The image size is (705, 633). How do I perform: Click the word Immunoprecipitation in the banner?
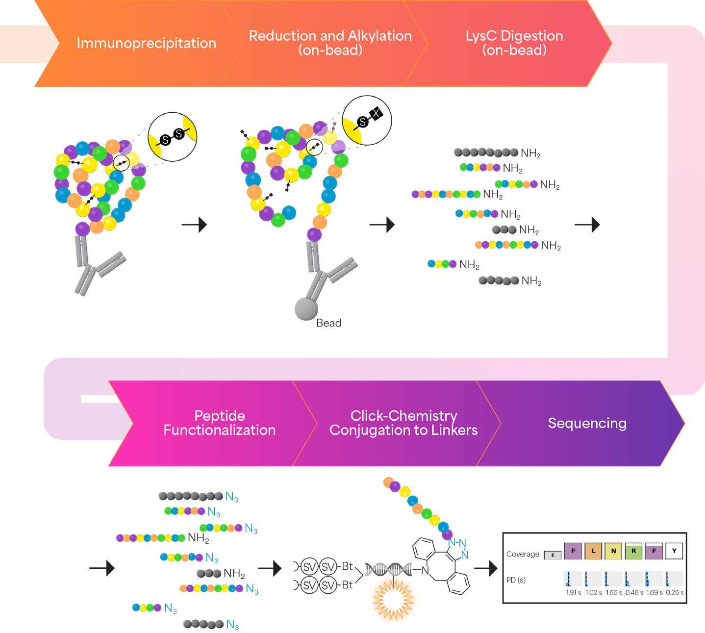coord(146,43)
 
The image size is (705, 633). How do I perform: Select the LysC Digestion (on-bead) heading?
coord(514,43)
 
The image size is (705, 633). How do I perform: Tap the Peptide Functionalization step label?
coord(219,423)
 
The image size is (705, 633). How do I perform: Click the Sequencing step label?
coord(587,423)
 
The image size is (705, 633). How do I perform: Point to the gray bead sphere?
coord(306,309)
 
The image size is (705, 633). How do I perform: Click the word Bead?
coord(328,323)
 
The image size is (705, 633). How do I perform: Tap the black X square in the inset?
coord(376,114)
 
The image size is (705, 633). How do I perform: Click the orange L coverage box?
coord(593,551)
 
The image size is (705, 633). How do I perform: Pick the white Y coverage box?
coord(674,551)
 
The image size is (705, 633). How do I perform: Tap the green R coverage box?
coord(633,551)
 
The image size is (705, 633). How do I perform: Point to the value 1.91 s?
coord(573,592)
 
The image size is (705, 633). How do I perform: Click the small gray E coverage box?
coord(553,555)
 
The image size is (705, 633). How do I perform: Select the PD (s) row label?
coord(516,580)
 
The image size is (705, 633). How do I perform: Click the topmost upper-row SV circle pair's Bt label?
coord(347,566)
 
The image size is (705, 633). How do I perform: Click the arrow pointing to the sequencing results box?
coord(485,569)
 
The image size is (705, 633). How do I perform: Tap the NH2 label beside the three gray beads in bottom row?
coord(234,573)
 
